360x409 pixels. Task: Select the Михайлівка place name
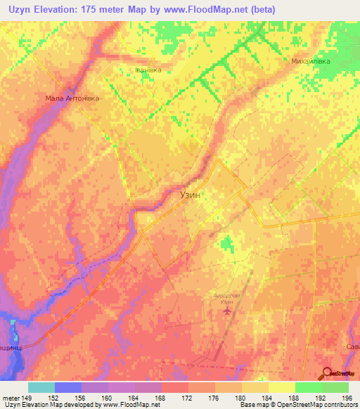coord(311,62)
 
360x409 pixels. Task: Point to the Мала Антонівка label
coord(73,98)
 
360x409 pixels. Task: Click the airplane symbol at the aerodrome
coord(226,310)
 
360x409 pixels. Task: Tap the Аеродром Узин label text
coord(226,299)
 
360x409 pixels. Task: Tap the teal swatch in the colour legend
coord(41,387)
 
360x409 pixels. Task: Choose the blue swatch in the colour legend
coord(68,387)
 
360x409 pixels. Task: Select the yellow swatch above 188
coord(282,387)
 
